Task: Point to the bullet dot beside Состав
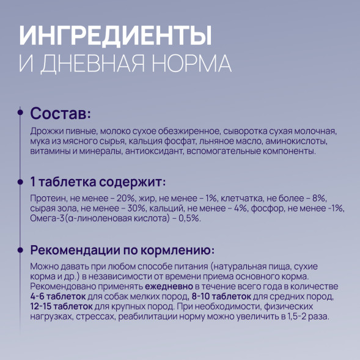click(23, 113)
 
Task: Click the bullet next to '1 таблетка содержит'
click(23, 182)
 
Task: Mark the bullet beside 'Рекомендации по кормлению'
click(23, 251)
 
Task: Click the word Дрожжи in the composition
click(45, 131)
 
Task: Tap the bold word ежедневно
click(168, 287)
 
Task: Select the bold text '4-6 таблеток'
click(58, 297)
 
